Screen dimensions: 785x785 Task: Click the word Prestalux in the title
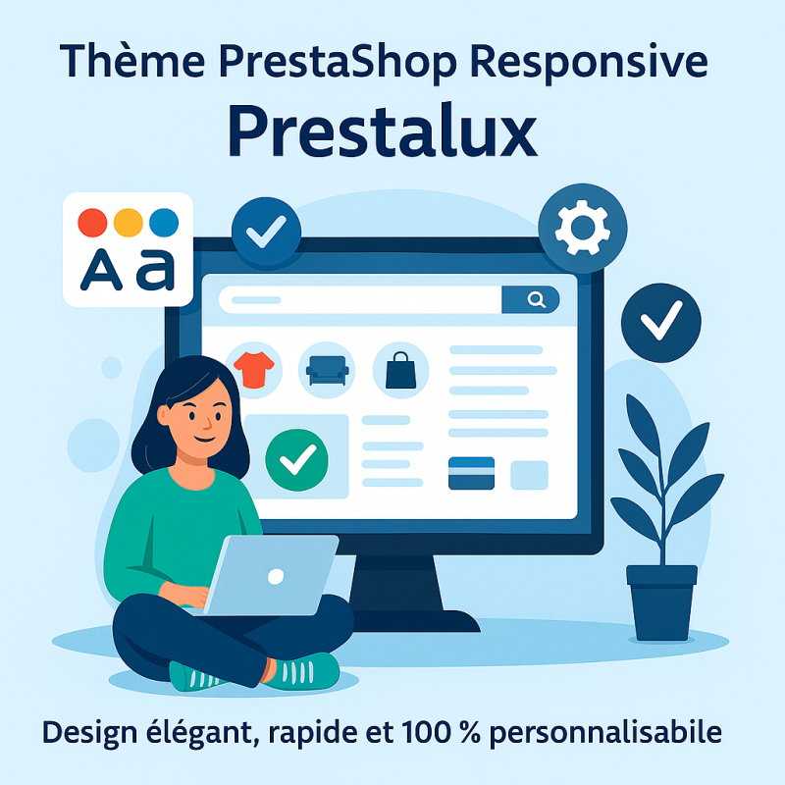pos(383,131)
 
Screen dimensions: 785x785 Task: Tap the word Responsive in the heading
pos(589,62)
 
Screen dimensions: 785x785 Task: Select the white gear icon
pos(582,228)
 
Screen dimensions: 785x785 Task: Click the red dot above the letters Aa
pos(92,223)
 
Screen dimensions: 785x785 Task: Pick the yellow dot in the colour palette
pos(129,223)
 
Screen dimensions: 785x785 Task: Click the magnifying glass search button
pos(531,299)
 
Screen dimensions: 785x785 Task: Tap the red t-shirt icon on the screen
pos(254,370)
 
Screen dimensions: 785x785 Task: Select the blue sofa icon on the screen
pos(327,371)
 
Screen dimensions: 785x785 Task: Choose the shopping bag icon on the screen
pos(400,371)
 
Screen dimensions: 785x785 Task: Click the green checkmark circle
pos(297,459)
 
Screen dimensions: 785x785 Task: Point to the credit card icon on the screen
pos(471,473)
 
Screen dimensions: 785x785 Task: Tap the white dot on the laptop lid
pos(276,577)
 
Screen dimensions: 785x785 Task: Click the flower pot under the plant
pos(661,602)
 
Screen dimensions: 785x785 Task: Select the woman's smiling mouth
pos(205,440)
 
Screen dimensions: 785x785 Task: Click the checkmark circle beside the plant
pos(660,323)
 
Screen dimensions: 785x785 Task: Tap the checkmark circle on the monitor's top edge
pos(266,232)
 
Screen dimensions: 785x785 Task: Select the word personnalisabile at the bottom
pos(605,733)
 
